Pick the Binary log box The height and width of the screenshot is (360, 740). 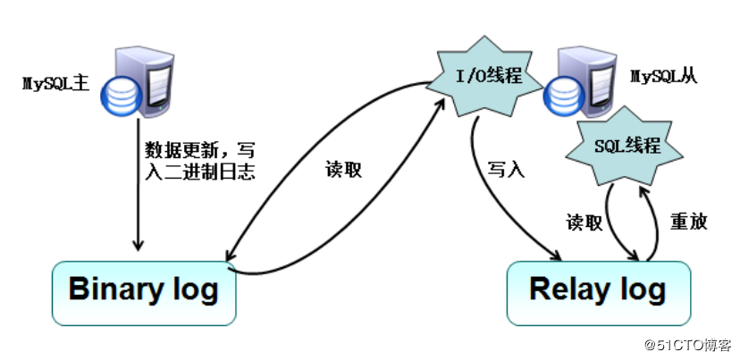(x=143, y=291)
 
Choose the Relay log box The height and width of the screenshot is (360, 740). (x=598, y=291)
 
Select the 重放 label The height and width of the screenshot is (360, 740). (x=689, y=222)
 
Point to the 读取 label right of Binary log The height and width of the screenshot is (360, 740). (x=343, y=170)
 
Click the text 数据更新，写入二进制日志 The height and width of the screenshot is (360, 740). (x=199, y=157)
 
